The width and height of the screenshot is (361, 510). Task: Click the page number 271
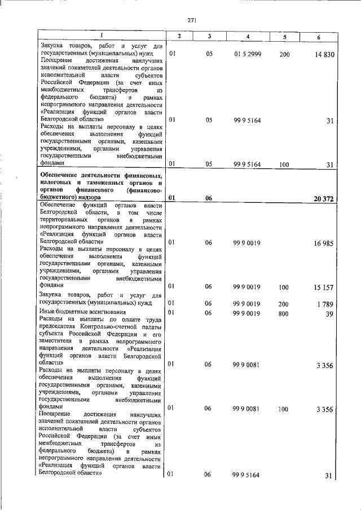pos(191,21)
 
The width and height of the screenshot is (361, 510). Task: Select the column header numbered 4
pos(246,37)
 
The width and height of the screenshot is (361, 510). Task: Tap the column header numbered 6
pos(319,37)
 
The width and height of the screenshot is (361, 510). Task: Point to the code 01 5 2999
pos(246,55)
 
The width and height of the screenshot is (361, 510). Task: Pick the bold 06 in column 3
pos(208,198)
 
